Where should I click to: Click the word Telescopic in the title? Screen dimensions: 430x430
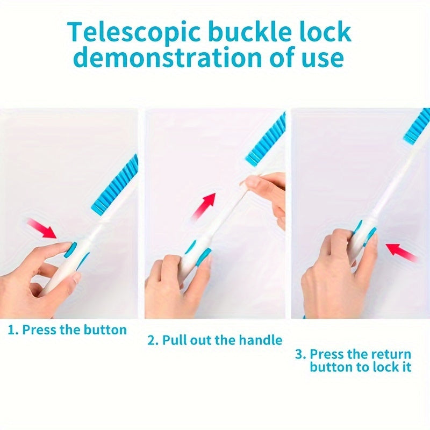click(x=134, y=32)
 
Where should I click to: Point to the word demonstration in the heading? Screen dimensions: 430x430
click(x=168, y=57)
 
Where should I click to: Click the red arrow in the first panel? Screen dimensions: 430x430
click(x=42, y=228)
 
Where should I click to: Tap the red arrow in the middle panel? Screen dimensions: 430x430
click(x=204, y=206)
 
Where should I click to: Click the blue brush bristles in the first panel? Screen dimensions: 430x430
click(x=114, y=185)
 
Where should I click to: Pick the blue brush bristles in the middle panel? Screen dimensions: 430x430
click(x=266, y=140)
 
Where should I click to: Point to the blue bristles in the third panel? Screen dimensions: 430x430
click(x=417, y=126)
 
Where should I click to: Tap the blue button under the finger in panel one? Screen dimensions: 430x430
click(x=70, y=249)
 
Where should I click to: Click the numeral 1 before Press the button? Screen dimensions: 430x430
click(x=11, y=330)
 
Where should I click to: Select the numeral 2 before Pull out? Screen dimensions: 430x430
click(x=152, y=341)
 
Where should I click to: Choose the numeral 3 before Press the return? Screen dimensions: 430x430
click(x=299, y=354)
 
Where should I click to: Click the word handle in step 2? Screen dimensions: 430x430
click(x=260, y=340)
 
